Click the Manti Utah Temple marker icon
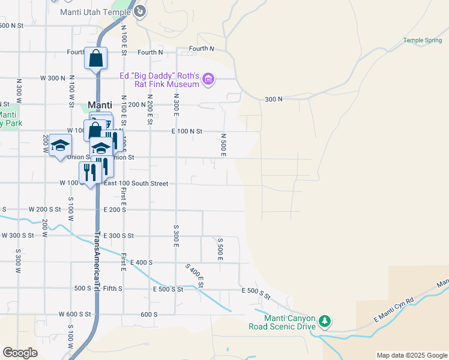pos(140,11)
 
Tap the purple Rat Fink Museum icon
pos(208,79)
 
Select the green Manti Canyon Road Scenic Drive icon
pos(325,321)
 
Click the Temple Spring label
pos(422,40)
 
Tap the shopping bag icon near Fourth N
pos(95,58)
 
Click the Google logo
pos(20,353)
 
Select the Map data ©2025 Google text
pos(412,355)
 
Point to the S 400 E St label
pos(195,275)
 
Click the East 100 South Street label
pos(136,184)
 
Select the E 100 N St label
pos(187,131)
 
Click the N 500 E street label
pos(223,145)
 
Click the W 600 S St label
pos(74,314)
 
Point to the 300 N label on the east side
pos(273,98)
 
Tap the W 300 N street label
pos(52,78)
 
